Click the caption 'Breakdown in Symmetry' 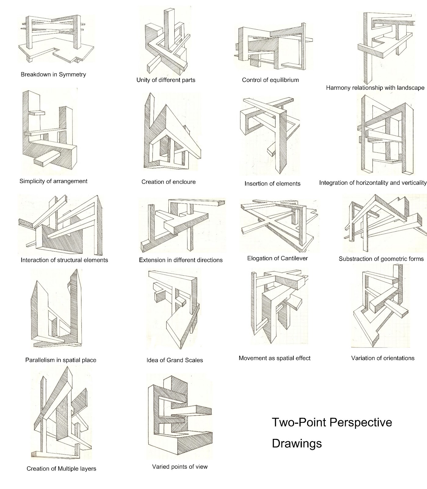[53, 74]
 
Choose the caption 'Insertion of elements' [272, 184]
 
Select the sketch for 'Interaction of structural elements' [61, 226]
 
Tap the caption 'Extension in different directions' [181, 260]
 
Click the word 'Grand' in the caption [174, 360]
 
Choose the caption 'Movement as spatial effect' [274, 358]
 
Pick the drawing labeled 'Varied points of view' [179, 416]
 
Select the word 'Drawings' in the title [297, 443]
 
